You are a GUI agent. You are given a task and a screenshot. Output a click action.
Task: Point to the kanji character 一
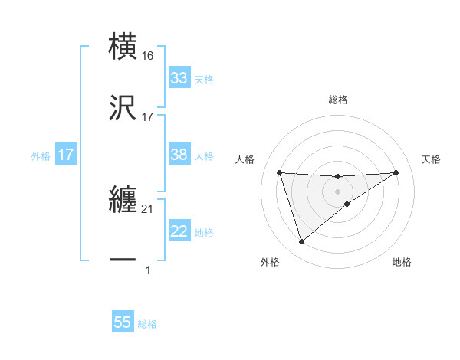123,260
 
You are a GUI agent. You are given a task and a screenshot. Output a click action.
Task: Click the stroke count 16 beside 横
148,56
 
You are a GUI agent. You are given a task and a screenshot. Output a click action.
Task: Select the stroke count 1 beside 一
148,270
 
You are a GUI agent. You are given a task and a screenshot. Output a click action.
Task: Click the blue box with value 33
179,78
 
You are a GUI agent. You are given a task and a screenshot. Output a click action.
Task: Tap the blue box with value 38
179,155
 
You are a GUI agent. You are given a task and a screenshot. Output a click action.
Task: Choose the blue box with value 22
179,231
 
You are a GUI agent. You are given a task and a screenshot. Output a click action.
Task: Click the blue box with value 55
123,322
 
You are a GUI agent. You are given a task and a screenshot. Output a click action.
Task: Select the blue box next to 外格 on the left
66,155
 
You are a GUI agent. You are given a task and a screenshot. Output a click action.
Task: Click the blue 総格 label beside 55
147,324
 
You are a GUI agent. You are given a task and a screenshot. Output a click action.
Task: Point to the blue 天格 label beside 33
204,79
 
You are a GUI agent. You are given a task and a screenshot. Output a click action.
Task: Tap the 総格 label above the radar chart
338,100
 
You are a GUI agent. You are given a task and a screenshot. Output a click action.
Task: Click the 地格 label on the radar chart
402,263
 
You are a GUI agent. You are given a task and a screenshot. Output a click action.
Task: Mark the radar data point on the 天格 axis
396,172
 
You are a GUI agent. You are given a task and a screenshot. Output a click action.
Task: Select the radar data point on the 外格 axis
301,242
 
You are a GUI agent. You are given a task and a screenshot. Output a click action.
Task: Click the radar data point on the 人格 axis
280,172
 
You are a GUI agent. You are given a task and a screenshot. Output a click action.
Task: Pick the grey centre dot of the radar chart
338,191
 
